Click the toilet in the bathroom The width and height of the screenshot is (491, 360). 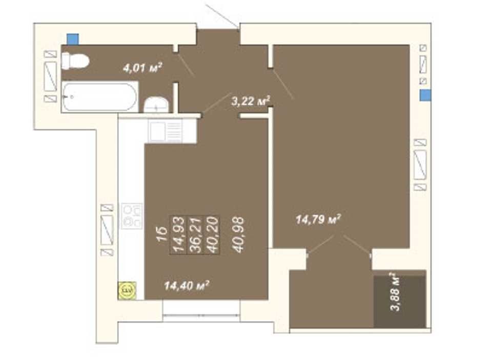pos(75,61)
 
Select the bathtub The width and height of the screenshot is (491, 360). pos(100,96)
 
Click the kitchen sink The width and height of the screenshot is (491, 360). pos(166,132)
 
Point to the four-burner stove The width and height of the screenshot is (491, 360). pos(132,216)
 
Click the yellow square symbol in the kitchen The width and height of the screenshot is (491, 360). pos(127,290)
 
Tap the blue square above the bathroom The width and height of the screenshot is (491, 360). pos(73,39)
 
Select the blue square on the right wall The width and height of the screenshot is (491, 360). pos(425,95)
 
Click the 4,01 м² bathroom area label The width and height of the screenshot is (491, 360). pos(142,68)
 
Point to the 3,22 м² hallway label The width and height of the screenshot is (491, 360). pos(251,101)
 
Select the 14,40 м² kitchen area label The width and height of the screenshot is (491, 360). pos(187,286)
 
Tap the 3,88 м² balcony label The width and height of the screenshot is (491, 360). pos(396,292)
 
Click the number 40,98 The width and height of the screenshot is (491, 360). pos(238,235)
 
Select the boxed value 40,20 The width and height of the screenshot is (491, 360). pos(212,235)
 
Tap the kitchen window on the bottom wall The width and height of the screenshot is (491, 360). pos(201,311)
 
